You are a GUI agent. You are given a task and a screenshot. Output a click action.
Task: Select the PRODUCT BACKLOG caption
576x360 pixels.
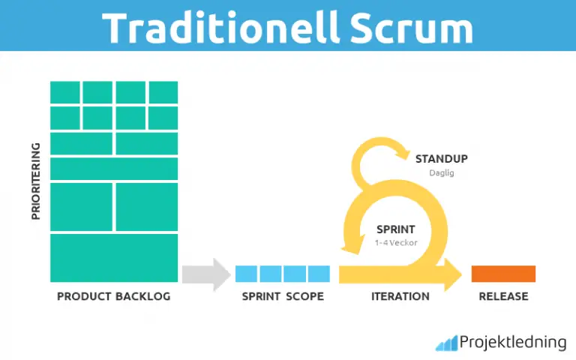114,296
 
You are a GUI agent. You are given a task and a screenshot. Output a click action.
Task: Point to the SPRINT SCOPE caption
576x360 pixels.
283,296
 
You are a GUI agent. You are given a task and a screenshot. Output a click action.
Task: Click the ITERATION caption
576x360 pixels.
400,296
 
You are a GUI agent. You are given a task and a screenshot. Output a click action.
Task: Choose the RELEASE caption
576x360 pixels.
503,296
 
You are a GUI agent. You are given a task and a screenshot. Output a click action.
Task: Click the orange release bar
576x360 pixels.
503,274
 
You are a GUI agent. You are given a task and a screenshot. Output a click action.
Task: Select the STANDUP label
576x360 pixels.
442,158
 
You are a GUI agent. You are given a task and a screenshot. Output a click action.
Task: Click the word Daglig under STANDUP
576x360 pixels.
442,172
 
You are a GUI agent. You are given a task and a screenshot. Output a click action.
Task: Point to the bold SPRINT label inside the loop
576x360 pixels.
395,229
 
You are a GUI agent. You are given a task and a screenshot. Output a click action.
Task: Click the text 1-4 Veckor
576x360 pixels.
395,243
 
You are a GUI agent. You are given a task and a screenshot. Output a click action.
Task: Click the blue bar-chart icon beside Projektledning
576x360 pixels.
446,343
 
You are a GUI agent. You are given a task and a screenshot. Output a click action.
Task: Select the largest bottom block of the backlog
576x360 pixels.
114,258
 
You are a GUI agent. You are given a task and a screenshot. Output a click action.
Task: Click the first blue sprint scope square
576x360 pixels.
246,274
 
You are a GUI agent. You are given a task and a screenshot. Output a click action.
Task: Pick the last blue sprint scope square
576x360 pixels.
319,274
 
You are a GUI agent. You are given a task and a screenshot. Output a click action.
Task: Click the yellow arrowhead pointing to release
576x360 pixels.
453,273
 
